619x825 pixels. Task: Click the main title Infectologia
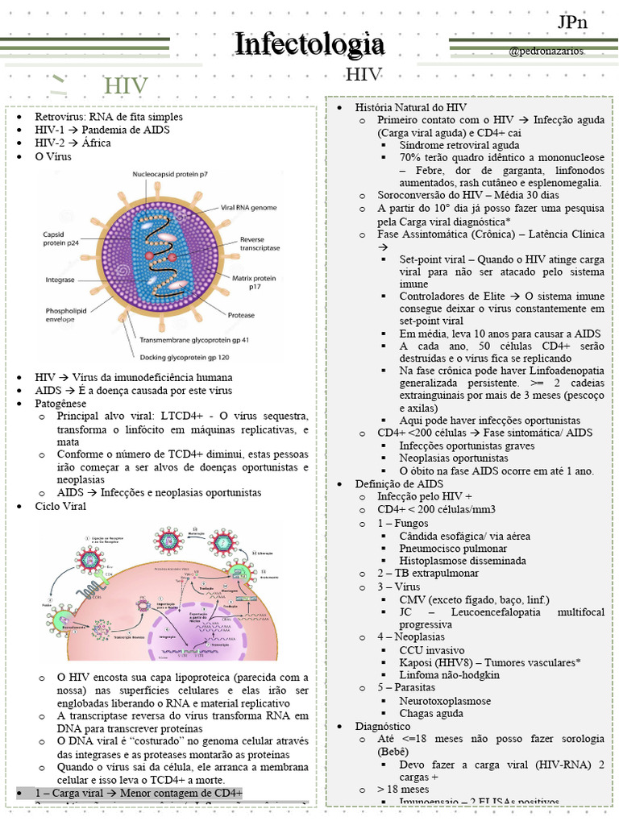coord(309,44)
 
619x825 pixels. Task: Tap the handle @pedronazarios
coord(546,51)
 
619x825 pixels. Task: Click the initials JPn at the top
coord(572,22)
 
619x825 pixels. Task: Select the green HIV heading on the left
coord(127,85)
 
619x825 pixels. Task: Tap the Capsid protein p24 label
coord(62,238)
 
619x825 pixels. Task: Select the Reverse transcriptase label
coord(263,245)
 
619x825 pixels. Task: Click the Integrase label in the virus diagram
coord(60,280)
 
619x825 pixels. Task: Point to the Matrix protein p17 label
coord(254,282)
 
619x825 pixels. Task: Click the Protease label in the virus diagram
coord(241,315)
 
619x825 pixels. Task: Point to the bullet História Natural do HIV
coord(410,107)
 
